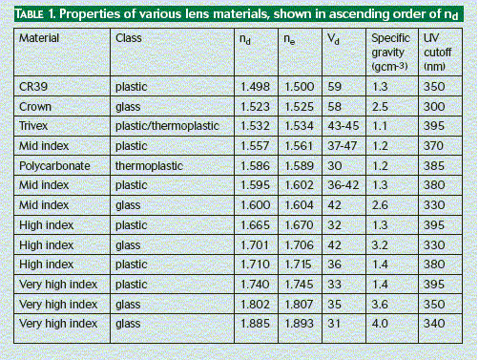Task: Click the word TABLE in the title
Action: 30,14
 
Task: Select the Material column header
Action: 39,38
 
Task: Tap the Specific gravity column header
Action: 390,53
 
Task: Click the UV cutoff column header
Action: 437,53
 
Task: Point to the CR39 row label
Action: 33,87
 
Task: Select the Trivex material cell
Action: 33,126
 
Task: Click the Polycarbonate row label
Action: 54,166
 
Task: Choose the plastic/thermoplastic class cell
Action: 167,126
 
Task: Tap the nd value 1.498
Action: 255,87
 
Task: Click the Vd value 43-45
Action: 344,126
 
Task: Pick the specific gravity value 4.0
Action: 380,324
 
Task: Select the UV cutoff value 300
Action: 434,107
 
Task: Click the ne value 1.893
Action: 299,324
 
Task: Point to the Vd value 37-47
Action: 343,146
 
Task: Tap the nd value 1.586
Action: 255,166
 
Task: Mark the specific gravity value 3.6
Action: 380,305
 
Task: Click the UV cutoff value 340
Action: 434,324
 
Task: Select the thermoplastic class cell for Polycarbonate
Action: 149,166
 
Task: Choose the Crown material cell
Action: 35,107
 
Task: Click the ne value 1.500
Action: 299,87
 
